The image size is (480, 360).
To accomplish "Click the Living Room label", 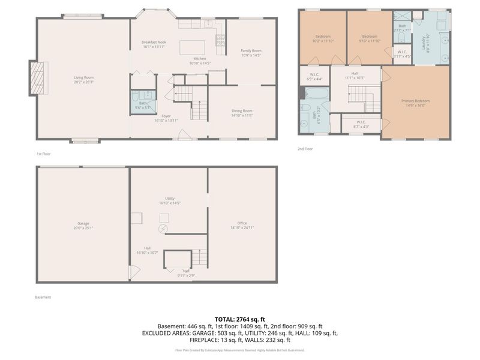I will click(x=83, y=77).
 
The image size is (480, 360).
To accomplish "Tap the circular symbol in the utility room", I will click(x=163, y=229).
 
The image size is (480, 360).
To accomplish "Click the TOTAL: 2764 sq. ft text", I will click(x=239, y=319).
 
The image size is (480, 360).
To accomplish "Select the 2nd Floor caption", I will click(x=305, y=149).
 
